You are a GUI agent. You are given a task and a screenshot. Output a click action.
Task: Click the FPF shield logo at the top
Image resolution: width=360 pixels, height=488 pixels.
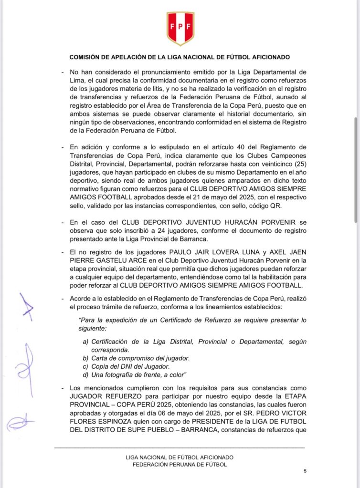(x=180, y=27)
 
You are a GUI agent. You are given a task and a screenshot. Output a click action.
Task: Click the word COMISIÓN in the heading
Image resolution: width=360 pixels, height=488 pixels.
(x=87, y=57)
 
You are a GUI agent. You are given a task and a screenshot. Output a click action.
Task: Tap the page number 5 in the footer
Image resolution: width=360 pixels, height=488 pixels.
(x=305, y=471)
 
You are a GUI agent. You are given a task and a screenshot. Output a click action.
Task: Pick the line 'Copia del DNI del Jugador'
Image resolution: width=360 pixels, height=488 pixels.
(x=126, y=366)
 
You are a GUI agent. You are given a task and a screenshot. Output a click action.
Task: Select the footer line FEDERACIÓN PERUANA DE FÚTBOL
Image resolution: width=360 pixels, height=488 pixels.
(x=180, y=464)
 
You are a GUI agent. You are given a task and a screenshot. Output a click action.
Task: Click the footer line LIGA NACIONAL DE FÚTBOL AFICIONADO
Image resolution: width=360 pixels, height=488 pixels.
(x=180, y=457)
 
